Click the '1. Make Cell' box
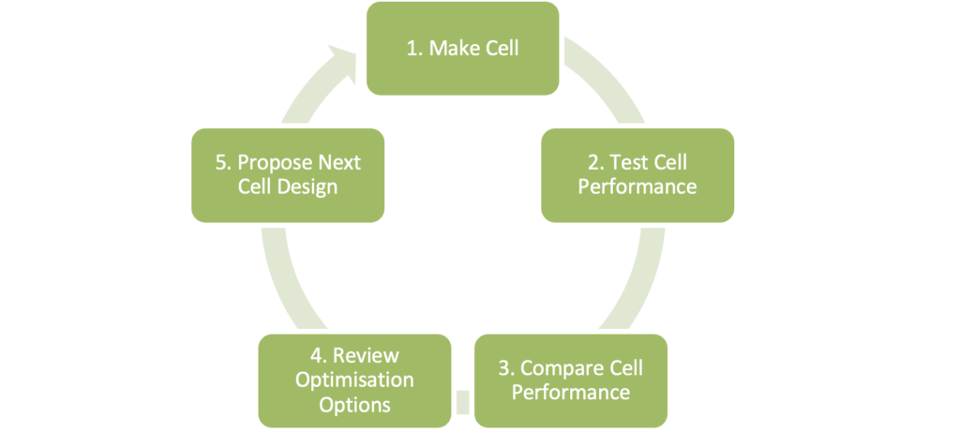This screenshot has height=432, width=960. tap(462, 49)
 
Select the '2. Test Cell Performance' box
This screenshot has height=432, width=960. tap(637, 174)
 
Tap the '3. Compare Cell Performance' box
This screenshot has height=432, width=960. tap(570, 379)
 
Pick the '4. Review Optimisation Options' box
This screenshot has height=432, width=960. tap(354, 380)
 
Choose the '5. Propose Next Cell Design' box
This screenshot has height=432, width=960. tap(288, 174)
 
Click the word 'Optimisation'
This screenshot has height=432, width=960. tap(354, 380)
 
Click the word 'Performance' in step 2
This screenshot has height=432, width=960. tap(637, 186)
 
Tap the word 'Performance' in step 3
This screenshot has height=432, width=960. tap(570, 391)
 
